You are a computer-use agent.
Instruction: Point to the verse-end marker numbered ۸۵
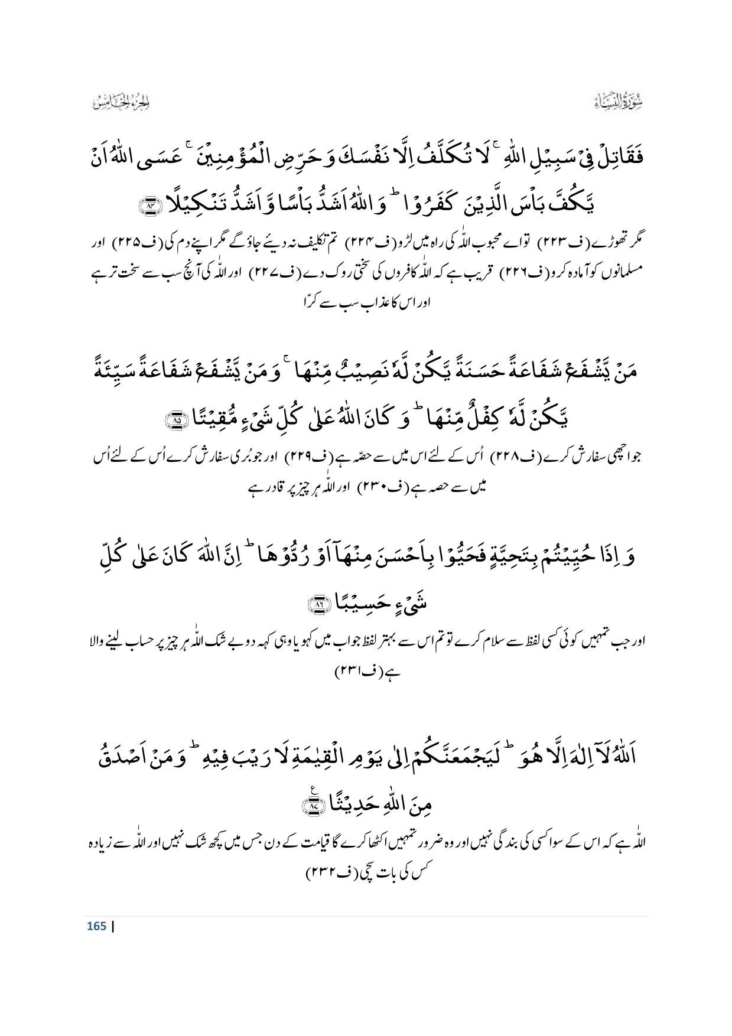(x=176, y=420)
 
